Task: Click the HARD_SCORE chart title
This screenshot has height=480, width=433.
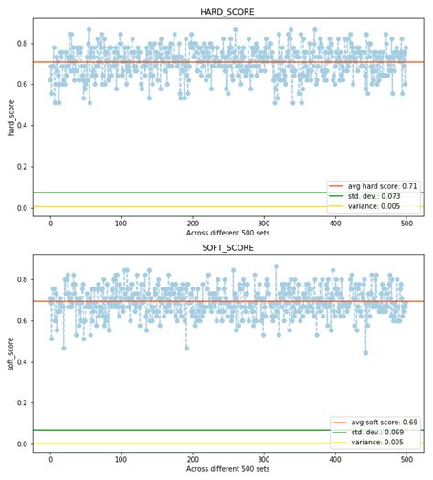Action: point(227,12)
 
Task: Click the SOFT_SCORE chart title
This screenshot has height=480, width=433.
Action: point(227,247)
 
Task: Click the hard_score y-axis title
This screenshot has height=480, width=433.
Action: point(11,117)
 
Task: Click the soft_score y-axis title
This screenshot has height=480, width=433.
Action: point(11,353)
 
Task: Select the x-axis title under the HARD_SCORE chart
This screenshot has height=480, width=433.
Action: point(227,234)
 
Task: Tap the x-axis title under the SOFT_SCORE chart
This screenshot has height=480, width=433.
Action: point(227,469)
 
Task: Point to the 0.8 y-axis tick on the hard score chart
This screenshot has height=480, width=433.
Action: point(22,43)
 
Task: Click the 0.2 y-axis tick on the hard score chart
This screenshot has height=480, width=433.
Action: point(22,167)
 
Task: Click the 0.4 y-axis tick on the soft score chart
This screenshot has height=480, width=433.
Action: point(22,362)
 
